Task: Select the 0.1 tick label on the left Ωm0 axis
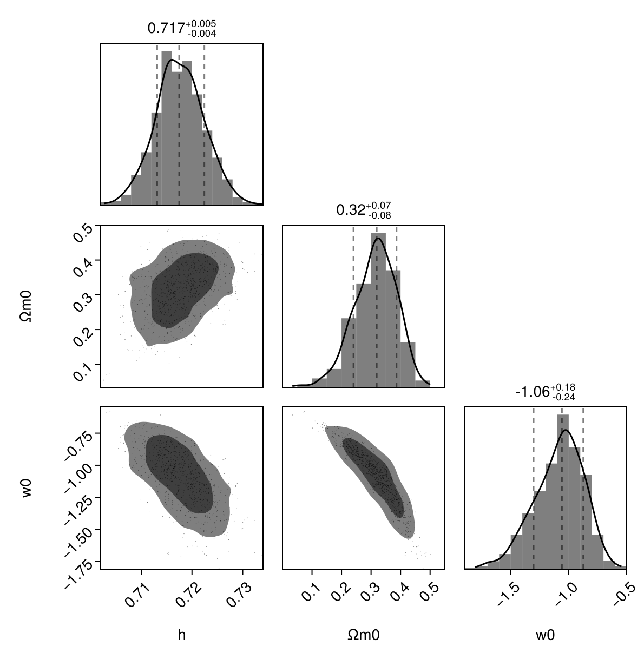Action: (x=82, y=372)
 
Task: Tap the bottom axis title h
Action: (x=182, y=635)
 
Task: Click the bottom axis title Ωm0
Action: (x=364, y=635)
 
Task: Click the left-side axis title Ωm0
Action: (x=26, y=306)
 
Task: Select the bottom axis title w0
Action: (x=545, y=635)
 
